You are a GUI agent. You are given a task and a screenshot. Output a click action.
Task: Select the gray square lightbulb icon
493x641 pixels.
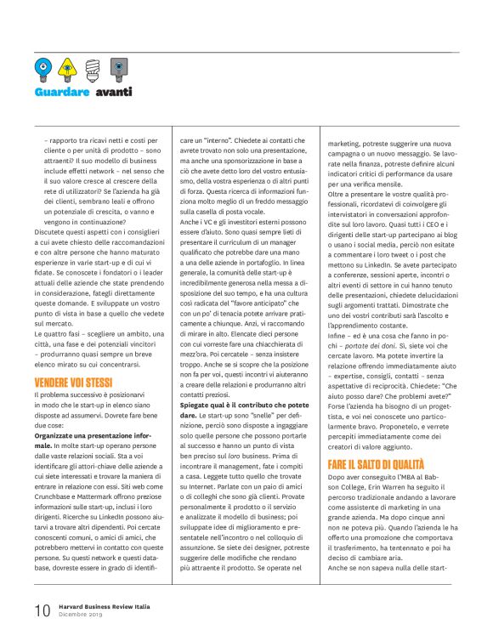click(x=122, y=65)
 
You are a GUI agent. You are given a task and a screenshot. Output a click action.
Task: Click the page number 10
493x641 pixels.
click(x=42, y=610)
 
